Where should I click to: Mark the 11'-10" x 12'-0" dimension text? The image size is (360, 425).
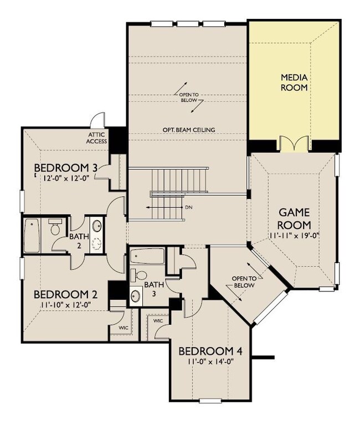click(63, 304)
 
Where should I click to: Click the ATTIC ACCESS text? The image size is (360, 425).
click(97, 137)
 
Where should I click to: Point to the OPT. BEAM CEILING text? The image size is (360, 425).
click(188, 130)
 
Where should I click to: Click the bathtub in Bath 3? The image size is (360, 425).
click(147, 257)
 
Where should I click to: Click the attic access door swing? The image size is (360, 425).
click(98, 119)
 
